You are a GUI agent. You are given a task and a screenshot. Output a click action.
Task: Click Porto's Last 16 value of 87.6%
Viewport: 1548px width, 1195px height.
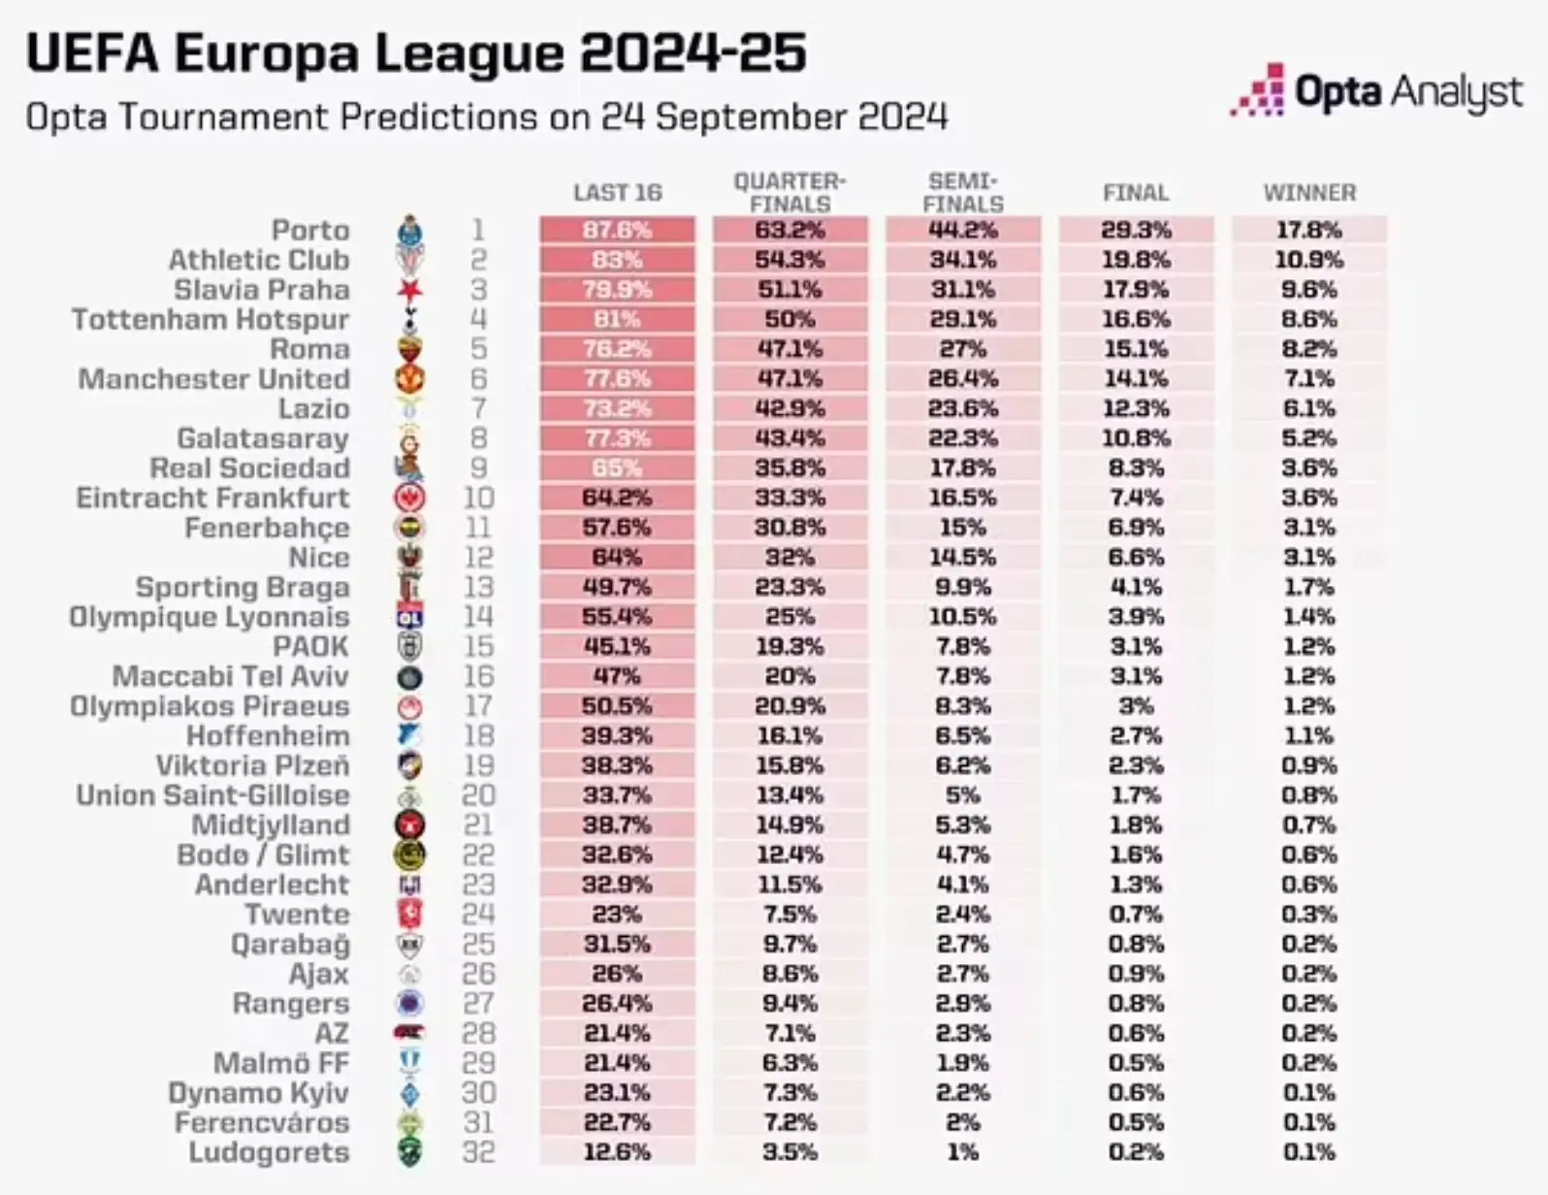coord(617,230)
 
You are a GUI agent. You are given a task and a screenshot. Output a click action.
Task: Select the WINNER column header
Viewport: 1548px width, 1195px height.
coord(1308,193)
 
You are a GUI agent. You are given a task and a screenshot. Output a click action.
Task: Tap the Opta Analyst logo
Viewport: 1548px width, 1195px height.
coord(1377,92)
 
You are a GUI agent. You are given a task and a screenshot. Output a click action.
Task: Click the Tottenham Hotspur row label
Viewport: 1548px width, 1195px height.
coord(210,319)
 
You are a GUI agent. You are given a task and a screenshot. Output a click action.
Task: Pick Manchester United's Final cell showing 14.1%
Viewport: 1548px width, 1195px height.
coord(1136,378)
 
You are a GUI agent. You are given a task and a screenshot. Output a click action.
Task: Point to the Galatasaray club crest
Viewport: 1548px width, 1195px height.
coord(410,439)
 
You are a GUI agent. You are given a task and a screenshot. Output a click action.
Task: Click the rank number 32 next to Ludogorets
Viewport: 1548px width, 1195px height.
coord(478,1152)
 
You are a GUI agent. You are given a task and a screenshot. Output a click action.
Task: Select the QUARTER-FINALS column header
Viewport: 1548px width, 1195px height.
coord(790,192)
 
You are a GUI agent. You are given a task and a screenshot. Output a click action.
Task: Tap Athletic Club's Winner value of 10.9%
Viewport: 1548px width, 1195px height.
coord(1308,260)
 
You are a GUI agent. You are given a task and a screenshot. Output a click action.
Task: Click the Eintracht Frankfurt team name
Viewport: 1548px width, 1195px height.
coord(212,498)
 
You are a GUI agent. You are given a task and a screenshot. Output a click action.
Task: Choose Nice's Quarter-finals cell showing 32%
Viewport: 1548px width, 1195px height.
coord(790,558)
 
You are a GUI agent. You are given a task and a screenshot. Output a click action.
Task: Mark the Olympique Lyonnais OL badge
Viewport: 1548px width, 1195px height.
coord(410,617)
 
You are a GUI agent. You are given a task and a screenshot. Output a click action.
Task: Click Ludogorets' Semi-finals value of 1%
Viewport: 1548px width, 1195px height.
coord(962,1152)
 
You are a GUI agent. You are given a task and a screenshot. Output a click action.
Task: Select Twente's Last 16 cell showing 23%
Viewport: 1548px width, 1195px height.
coord(617,914)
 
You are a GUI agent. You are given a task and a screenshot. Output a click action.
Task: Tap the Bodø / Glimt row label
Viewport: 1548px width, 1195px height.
coord(263,855)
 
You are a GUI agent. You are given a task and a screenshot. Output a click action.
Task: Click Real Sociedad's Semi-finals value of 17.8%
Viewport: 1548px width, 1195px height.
coord(962,468)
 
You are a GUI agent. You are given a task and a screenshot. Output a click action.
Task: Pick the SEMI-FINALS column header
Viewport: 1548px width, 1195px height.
coord(962,192)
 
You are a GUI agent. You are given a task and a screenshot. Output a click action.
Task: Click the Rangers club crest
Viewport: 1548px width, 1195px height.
coord(410,1003)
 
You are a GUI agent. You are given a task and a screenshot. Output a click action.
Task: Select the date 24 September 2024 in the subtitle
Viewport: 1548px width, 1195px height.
coord(773,117)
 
